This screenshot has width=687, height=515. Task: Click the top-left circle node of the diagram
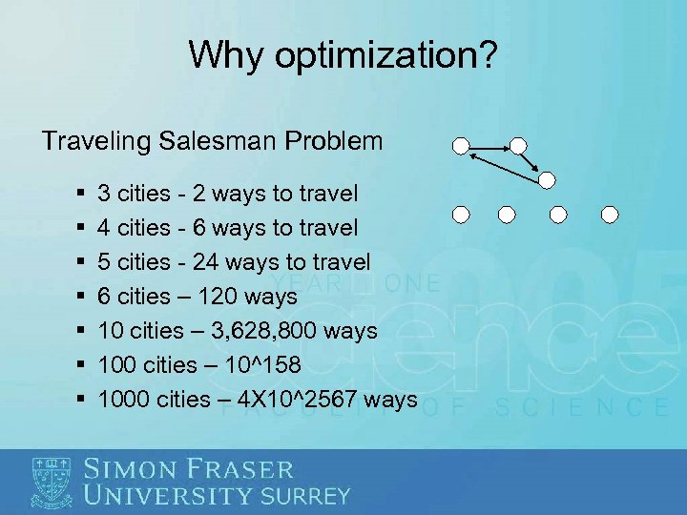pyautogui.click(x=461, y=146)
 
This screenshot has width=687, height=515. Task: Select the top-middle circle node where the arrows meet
pyautogui.click(x=517, y=146)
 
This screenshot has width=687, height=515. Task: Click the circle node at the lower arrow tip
pyautogui.click(x=546, y=179)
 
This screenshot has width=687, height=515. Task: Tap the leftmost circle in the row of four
pyautogui.click(x=461, y=214)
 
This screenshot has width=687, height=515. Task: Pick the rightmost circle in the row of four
pyautogui.click(x=610, y=214)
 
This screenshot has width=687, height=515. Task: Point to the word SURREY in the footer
pyautogui.click(x=305, y=496)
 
